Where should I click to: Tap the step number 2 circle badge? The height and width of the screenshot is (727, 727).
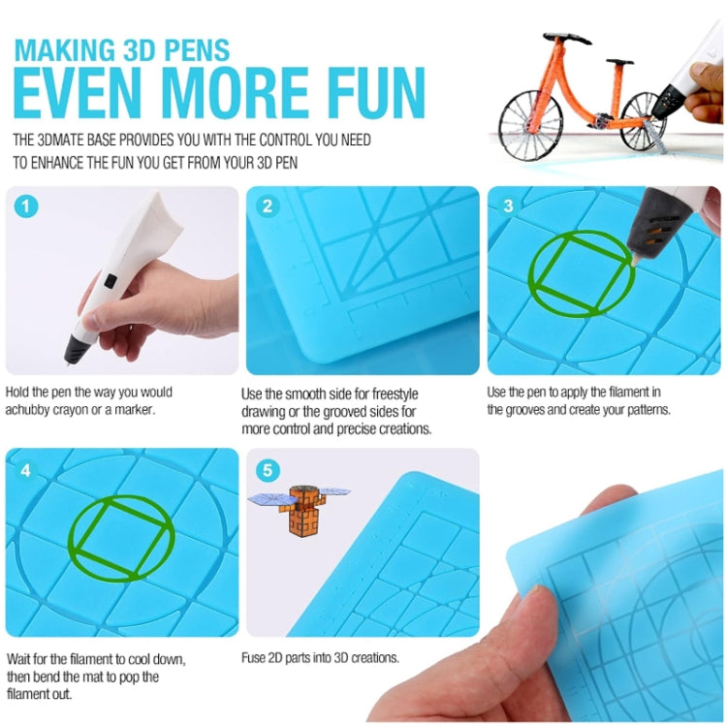[268, 205]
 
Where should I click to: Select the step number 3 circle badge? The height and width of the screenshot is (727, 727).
[508, 205]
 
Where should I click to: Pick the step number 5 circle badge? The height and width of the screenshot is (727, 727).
[268, 470]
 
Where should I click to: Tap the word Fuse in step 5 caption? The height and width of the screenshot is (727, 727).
[254, 657]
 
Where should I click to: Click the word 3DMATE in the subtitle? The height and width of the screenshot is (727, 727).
[76, 141]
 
